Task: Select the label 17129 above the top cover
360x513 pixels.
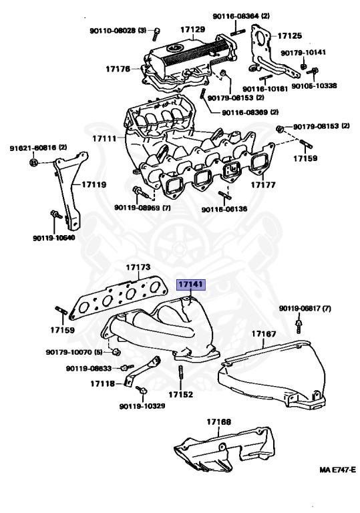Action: point(192,30)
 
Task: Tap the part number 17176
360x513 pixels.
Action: point(118,67)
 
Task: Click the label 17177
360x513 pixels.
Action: point(263,184)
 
